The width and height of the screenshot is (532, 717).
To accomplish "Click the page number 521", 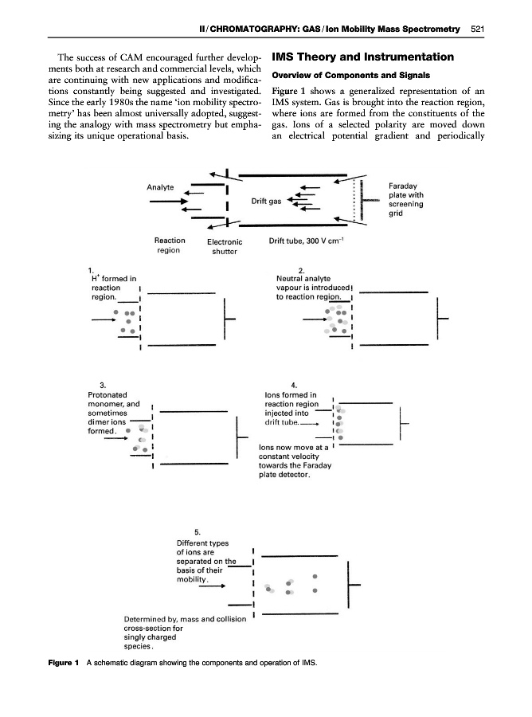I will point(478,29).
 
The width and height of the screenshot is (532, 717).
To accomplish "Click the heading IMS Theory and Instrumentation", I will point(363,57).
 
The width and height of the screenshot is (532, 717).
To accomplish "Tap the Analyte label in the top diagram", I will point(161,187).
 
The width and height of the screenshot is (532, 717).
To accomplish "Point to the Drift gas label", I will point(266,201).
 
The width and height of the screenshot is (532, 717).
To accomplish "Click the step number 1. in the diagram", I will point(92,268).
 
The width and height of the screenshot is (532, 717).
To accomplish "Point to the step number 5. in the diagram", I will point(198,532).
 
